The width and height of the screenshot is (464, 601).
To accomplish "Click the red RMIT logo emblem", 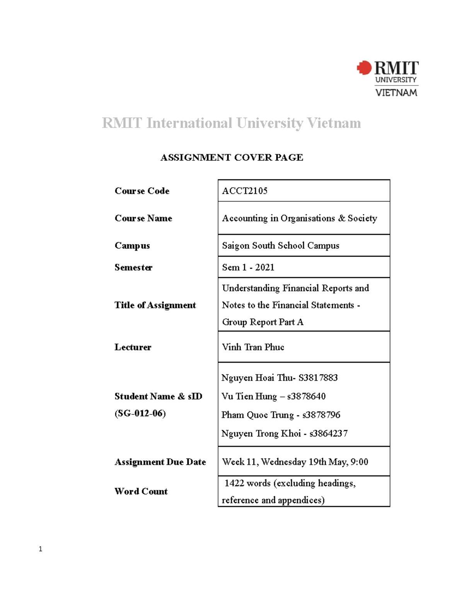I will coord(364,68).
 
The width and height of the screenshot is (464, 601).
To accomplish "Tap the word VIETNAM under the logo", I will coord(396,92).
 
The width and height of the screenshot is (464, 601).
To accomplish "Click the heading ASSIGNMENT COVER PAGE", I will coord(232,158).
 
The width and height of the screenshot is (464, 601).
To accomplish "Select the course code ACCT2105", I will coord(244,191).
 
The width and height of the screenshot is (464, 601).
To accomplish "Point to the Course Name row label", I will coord(143,218).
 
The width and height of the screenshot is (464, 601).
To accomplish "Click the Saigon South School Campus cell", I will coord(280,246).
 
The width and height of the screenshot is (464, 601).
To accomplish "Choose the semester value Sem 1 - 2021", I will coord(248,267).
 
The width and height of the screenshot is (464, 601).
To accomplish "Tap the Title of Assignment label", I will coord(155,305).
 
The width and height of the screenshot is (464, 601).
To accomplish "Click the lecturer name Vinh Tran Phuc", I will coord(253,347).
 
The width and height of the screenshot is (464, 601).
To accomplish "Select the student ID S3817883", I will coord(318,378).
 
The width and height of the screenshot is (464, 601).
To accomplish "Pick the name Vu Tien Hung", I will coord(249,396).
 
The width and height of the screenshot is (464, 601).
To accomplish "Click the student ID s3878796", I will coord(321,415).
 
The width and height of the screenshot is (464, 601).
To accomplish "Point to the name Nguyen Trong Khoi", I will coord(261,433).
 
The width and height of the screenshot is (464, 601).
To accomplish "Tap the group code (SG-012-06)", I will coord(140,413).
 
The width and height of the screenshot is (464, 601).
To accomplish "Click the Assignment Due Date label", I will coord(160,462).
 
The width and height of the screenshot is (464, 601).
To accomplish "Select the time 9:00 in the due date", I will coord(359,462).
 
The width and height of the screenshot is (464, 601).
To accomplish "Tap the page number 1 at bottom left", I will coord(40,549).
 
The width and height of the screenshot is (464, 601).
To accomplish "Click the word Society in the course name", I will coord(362,218).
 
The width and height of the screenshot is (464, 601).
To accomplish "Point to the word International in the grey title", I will coord(189,123).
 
